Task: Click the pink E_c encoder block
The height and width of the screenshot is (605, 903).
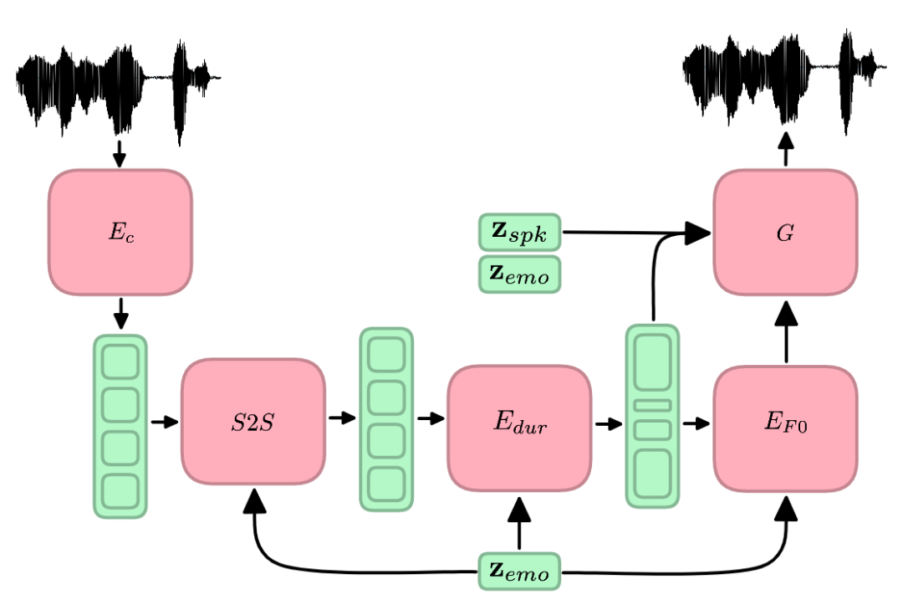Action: (x=120, y=232)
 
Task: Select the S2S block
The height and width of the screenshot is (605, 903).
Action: (x=253, y=422)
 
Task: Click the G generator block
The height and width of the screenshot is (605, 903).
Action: (x=785, y=232)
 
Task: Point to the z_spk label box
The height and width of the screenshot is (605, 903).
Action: (x=519, y=232)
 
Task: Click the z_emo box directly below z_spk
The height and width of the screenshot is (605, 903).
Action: (x=519, y=274)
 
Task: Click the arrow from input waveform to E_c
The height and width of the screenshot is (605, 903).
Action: (x=119, y=154)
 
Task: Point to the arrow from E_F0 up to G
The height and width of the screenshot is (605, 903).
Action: (x=786, y=333)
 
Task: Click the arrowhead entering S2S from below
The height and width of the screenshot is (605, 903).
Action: (x=254, y=500)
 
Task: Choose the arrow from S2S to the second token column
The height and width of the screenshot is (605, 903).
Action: (x=342, y=418)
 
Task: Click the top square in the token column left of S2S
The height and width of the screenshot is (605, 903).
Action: (x=120, y=361)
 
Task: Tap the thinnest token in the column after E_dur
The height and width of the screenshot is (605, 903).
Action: (x=652, y=406)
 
